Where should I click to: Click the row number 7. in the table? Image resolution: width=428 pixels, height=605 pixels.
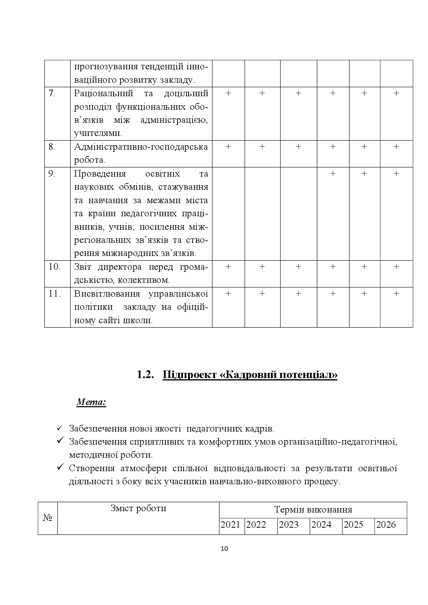tap(52, 93)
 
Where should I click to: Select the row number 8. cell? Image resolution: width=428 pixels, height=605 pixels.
tap(52, 147)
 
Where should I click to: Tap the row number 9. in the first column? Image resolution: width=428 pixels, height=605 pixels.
tap(52, 174)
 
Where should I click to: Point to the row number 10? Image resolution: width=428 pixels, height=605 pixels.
tap(54, 267)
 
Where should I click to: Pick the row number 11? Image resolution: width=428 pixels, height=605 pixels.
tap(55, 294)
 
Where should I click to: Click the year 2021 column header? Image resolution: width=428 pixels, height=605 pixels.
tap(230, 525)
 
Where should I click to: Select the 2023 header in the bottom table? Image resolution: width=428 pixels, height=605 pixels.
tap(289, 525)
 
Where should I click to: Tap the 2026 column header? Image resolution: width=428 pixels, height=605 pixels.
tap(386, 525)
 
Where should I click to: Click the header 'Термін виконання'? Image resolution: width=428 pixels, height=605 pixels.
tap(313, 510)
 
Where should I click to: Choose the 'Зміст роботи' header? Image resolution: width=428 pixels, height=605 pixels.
tap(138, 508)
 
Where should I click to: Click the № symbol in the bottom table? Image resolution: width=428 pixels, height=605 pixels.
tap(47, 518)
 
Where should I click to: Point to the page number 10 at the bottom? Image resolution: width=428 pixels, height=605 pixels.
tap(224, 549)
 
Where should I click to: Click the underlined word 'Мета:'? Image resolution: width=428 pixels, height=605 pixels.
tap(91, 402)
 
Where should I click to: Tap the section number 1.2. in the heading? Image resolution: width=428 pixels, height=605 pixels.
tap(145, 375)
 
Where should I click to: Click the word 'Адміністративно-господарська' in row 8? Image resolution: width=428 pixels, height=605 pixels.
tap(141, 147)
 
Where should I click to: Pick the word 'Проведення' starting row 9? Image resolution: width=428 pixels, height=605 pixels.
tap(100, 174)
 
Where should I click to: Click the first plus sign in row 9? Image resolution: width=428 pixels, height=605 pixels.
tap(333, 173)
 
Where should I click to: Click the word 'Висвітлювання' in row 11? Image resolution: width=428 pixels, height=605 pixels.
tap(107, 294)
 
